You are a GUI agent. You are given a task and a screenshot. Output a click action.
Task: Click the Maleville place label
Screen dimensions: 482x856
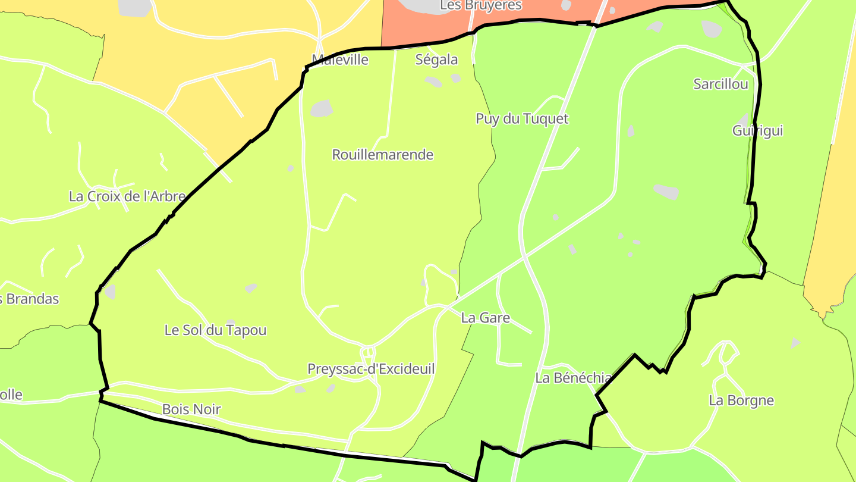tap(340, 60)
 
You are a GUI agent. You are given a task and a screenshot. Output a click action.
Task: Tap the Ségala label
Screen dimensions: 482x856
tap(437, 60)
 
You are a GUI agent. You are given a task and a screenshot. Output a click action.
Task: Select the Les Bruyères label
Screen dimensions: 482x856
tap(481, 6)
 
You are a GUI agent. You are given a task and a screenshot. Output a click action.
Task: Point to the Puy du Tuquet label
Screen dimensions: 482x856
tap(522, 119)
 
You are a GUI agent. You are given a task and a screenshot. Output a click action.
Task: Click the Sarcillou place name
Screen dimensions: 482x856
tap(720, 84)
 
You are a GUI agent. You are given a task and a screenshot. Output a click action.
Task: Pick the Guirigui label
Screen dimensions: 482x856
tap(757, 131)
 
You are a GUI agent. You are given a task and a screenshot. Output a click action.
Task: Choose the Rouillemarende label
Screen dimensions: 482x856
tap(383, 155)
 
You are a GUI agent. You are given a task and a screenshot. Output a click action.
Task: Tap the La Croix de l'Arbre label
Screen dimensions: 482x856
tap(127, 196)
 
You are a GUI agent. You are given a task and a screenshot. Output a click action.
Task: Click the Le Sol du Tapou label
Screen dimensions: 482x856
tap(215, 330)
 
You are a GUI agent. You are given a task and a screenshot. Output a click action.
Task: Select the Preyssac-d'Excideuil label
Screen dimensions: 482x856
tap(371, 369)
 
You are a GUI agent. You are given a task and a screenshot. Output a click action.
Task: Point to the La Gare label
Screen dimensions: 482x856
tap(486, 318)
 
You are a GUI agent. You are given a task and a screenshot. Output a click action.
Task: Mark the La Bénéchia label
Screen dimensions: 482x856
tap(573, 378)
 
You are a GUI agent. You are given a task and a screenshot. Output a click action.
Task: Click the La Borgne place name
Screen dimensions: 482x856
tap(741, 400)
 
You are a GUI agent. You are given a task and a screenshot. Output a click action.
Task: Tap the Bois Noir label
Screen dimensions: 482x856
tap(191, 409)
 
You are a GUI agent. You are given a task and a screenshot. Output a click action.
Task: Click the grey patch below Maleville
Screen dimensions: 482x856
tap(321, 108)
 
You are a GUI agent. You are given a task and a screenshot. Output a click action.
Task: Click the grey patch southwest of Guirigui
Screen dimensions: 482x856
tap(666, 192)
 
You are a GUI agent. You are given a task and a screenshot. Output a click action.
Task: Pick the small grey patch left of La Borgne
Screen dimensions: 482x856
tap(796, 343)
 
